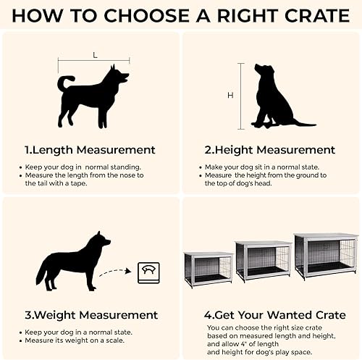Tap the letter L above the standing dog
(94, 54)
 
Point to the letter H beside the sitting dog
(230, 95)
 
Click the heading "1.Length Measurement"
(90, 150)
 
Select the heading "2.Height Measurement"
(270, 150)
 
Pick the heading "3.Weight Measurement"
(91, 315)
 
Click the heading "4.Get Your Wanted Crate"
(270, 315)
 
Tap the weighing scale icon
(143, 273)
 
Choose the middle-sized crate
(263, 259)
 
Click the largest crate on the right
(325, 254)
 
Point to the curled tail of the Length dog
(64, 81)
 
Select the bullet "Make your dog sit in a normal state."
(258, 167)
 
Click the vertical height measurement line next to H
(240, 95)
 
